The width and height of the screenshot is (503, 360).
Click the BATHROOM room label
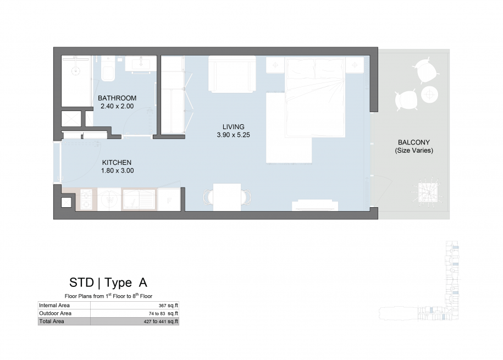[117, 98]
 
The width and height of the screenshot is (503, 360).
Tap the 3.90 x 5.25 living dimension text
[233, 135]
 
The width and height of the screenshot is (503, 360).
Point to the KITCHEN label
[117, 163]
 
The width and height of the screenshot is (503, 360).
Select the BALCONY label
[414, 142]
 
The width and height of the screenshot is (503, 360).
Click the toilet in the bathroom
[108, 69]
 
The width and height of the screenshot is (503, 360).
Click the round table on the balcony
[429, 95]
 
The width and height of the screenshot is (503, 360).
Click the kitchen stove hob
[86, 200]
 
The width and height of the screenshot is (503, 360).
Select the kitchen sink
[139, 200]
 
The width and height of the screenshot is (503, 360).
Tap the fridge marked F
[169, 200]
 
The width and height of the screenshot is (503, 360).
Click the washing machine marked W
[109, 200]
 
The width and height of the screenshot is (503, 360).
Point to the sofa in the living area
[232, 74]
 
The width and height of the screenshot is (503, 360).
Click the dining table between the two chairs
[227, 197]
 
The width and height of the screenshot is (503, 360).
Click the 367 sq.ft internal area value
[168, 306]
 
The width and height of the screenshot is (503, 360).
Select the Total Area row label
[52, 322]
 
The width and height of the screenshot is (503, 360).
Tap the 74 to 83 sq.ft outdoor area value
[163, 313]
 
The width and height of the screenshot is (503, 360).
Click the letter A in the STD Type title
[143, 283]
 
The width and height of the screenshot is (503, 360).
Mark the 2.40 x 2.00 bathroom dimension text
[117, 106]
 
